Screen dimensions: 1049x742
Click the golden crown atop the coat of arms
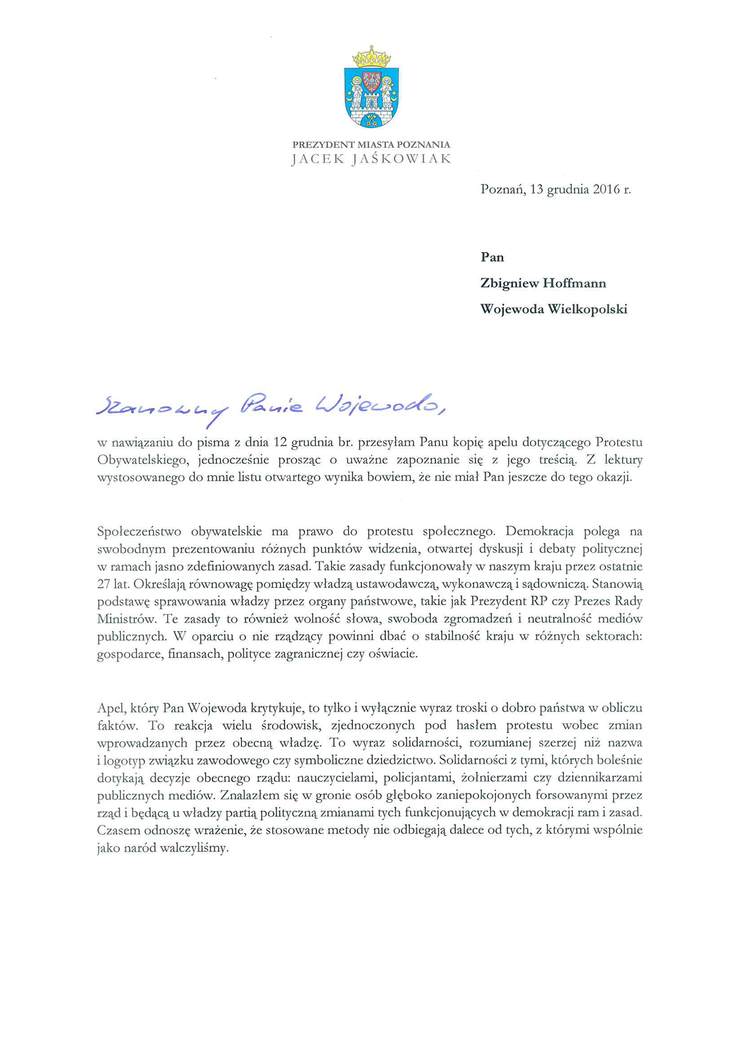point(371,57)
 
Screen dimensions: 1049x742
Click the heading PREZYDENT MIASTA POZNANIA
point(371,145)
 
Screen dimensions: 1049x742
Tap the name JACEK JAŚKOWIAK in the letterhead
point(371,159)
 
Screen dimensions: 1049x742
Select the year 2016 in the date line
point(606,189)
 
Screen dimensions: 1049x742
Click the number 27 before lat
point(104,584)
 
